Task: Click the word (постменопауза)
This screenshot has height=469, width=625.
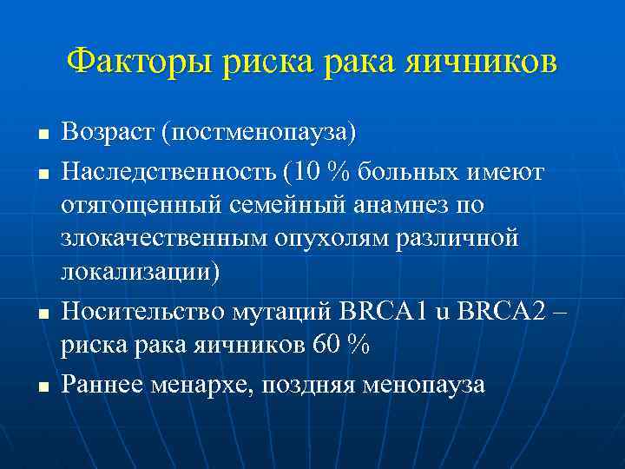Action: [263, 135]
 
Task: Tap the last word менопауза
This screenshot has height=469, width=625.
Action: [424, 383]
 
